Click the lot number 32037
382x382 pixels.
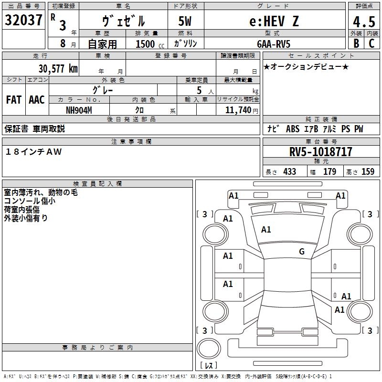coord(24,20)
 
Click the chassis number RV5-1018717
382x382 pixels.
coord(321,152)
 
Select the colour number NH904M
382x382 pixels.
coord(79,110)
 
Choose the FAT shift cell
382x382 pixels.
coord(14,100)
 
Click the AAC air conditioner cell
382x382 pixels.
coord(37,100)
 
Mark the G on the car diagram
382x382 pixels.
coord(301,252)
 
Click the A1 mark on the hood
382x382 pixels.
coord(266,230)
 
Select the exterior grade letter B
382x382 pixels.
coord(356,43)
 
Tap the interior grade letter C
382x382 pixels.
coord(371,43)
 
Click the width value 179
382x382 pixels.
coord(329,171)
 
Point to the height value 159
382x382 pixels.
coord(368,171)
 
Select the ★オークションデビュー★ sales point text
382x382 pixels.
coord(306,67)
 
